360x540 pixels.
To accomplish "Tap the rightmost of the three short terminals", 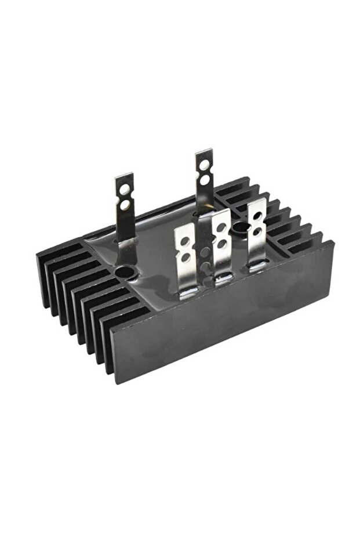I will point(255,232).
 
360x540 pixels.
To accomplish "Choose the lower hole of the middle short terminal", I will point(221,242).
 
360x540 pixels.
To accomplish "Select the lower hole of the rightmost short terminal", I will point(257,230).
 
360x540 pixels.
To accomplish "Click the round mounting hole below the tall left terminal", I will point(124,271).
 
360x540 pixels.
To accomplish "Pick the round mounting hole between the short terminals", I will point(239,226).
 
